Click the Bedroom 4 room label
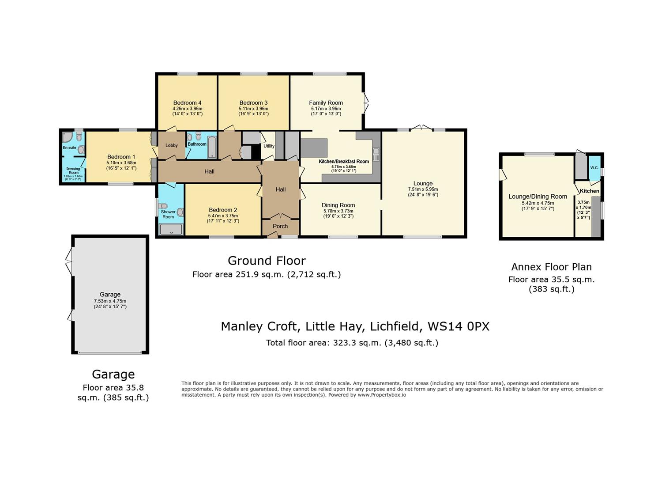(x=187, y=102)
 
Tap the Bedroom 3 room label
(x=253, y=102)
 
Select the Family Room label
(x=326, y=102)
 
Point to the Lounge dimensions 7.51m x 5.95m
(x=423, y=189)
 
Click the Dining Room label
(x=338, y=205)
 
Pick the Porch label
(x=280, y=226)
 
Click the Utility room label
(x=269, y=146)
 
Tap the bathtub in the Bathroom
(x=211, y=148)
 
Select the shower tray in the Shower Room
(x=170, y=229)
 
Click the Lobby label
(x=172, y=145)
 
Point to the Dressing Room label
(x=73, y=170)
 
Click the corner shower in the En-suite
(x=67, y=136)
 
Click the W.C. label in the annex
(x=594, y=168)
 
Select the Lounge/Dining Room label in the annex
(x=538, y=197)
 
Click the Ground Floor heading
(x=267, y=261)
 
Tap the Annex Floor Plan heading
(x=551, y=267)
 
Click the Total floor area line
(x=352, y=343)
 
